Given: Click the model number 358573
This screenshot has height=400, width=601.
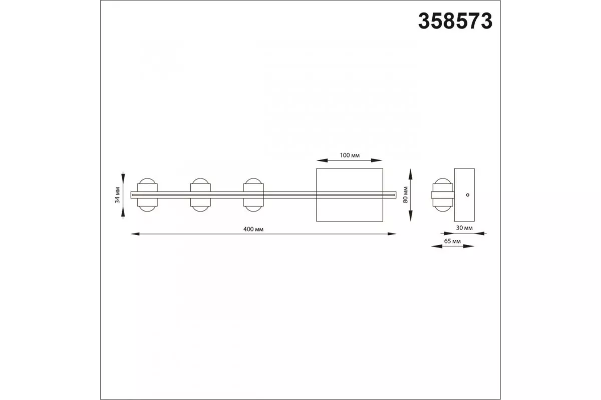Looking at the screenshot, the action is (455, 21).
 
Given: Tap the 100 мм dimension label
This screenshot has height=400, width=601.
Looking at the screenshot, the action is (350, 155).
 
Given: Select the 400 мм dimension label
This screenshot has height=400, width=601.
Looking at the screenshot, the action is (253, 229).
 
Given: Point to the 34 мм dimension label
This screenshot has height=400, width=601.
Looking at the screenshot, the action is (117, 195).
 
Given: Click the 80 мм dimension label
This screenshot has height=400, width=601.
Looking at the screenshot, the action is (405, 195).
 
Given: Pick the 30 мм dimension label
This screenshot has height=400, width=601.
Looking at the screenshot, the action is (464, 227).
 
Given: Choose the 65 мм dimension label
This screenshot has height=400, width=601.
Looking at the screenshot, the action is (452, 241).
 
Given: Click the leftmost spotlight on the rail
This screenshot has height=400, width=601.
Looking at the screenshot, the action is (147, 195).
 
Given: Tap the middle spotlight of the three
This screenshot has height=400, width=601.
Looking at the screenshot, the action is (200, 195).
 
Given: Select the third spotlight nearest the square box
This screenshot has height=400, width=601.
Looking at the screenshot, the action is (253, 195).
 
